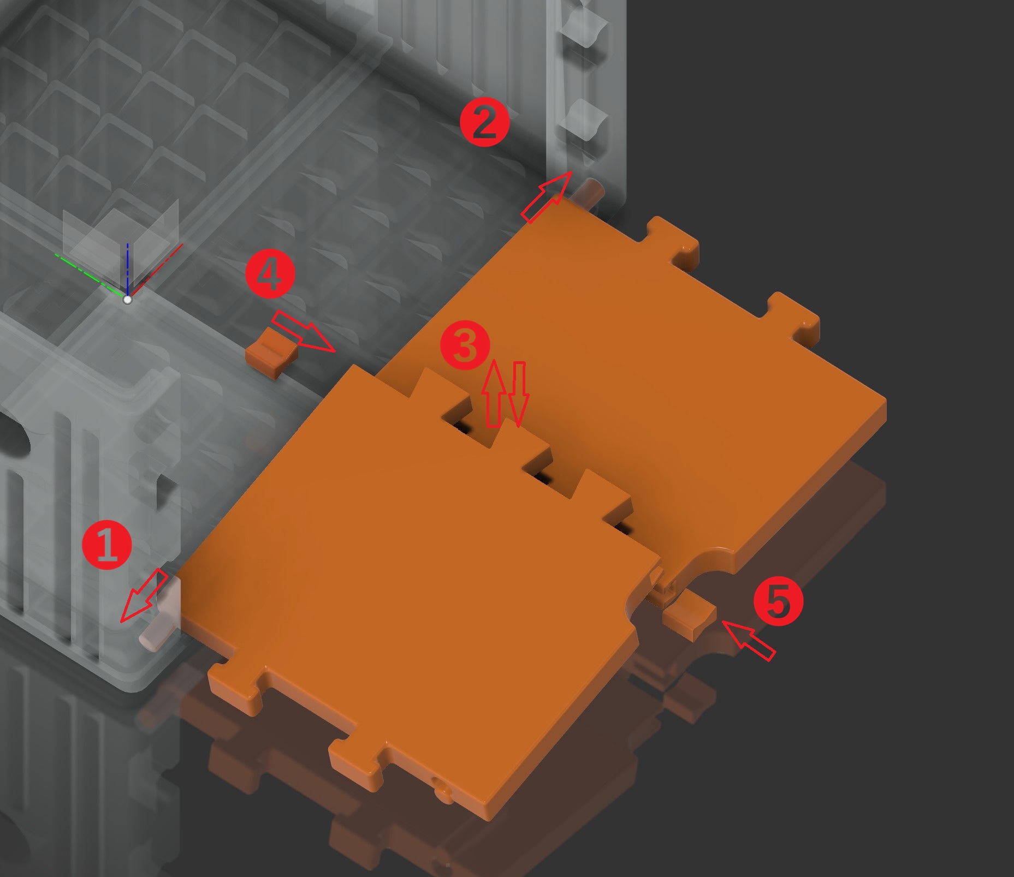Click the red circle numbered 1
coord(106,545)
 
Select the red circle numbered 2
coord(485,122)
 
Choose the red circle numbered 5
coord(778,601)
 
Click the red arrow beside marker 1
coord(144,595)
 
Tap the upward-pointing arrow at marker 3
coord(494,393)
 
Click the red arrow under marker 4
coord(304,331)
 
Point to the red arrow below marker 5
coord(748,640)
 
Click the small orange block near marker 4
coord(271,353)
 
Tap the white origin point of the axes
coord(128,300)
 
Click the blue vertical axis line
coord(128,270)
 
